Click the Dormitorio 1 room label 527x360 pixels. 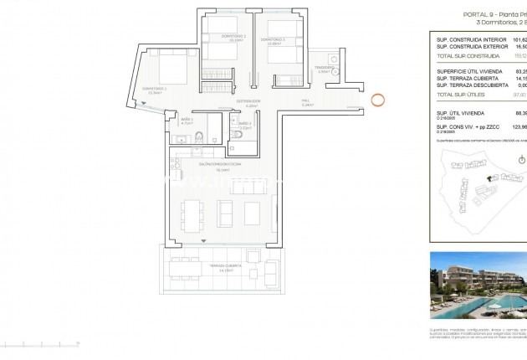pos(155,88)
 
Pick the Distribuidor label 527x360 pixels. pos(248,100)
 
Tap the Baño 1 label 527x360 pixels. pos(186,120)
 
